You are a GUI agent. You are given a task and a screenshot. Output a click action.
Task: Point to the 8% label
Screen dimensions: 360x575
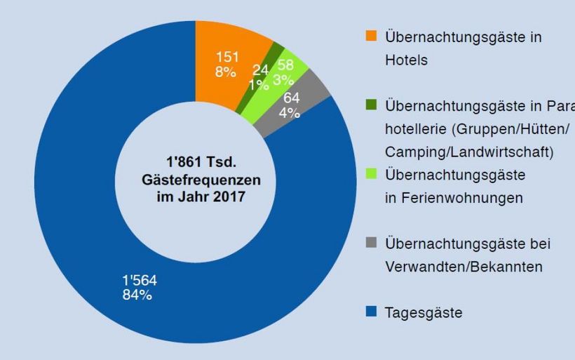pyautogui.click(x=226, y=72)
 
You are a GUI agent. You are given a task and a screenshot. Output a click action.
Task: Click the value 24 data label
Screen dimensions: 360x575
pyautogui.click(x=260, y=71)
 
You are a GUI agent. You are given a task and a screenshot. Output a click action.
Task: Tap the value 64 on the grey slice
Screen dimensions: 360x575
pyautogui.click(x=291, y=99)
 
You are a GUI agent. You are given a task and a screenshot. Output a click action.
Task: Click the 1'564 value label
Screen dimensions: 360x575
pyautogui.click(x=140, y=281)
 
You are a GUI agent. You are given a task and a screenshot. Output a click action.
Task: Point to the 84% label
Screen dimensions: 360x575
pyautogui.click(x=137, y=295)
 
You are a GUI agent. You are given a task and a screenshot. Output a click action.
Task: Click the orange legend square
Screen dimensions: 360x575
pyautogui.click(x=372, y=36)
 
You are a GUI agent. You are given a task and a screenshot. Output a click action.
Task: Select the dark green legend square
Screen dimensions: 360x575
pyautogui.click(x=372, y=105)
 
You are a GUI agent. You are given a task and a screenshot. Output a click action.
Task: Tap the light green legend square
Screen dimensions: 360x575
pyautogui.click(x=372, y=173)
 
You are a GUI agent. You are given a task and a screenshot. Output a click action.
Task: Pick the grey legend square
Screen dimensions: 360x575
pyautogui.click(x=372, y=243)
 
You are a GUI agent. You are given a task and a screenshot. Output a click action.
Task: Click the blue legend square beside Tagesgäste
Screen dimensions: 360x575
pyautogui.click(x=372, y=312)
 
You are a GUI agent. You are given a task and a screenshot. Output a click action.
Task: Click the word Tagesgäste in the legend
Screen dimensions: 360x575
pyautogui.click(x=424, y=313)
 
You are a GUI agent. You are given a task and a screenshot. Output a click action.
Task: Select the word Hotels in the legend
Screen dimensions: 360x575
pyautogui.click(x=406, y=60)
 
